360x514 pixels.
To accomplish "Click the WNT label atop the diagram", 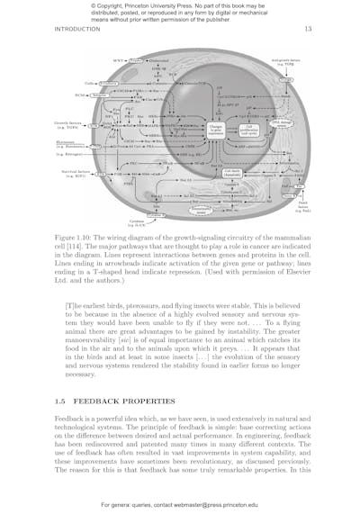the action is coord(118,60).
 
